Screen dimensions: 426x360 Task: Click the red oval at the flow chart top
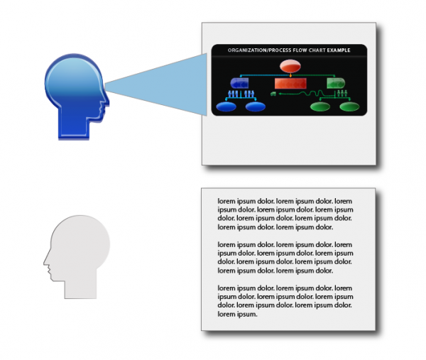coord(290,66)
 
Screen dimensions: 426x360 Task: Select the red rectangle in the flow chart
coord(290,83)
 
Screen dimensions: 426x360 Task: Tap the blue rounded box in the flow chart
coord(239,83)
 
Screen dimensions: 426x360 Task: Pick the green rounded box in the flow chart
coord(336,83)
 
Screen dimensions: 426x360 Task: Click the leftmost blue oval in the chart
coord(226,107)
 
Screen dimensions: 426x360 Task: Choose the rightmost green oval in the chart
coord(349,107)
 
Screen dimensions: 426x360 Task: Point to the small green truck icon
coord(273,94)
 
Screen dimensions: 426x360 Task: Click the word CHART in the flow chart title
coord(317,50)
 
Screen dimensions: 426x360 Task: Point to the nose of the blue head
coord(107,102)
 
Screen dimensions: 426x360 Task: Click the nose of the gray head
coord(45,261)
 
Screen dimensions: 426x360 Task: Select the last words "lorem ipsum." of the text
coord(237,314)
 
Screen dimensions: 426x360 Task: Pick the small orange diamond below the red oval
coord(290,75)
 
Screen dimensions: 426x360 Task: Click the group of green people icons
coord(342,94)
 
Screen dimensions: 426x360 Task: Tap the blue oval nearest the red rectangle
coord(256,107)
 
